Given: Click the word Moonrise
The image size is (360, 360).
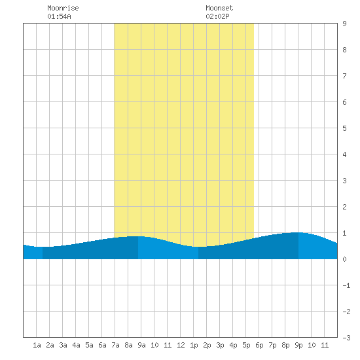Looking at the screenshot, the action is [63, 8].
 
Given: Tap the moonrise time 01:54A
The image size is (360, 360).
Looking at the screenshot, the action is [59, 16].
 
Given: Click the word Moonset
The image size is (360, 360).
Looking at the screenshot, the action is [219, 8].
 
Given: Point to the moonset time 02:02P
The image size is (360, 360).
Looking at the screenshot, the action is [217, 16].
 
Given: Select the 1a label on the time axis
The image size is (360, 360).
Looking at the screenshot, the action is [37, 345].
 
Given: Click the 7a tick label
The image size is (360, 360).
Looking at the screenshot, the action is [115, 345].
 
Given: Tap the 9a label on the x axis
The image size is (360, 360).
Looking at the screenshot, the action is [141, 345].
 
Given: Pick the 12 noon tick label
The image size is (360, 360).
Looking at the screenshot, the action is [181, 345].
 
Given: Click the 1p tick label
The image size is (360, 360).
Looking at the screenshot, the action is [194, 345].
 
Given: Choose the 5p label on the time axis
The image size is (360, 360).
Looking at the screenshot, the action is [246, 345].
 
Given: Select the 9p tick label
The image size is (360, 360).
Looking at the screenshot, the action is [298, 345].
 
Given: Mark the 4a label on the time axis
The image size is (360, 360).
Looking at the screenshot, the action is [76, 345].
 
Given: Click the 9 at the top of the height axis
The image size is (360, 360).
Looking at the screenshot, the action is [344, 24].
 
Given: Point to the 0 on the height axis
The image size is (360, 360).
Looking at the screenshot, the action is [344, 259].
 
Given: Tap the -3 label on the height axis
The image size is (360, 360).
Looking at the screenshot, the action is [346, 338].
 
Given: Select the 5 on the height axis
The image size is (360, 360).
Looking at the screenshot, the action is [344, 128].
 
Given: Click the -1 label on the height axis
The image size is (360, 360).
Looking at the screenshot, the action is [346, 285].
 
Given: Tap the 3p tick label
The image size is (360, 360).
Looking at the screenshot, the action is [220, 345].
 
